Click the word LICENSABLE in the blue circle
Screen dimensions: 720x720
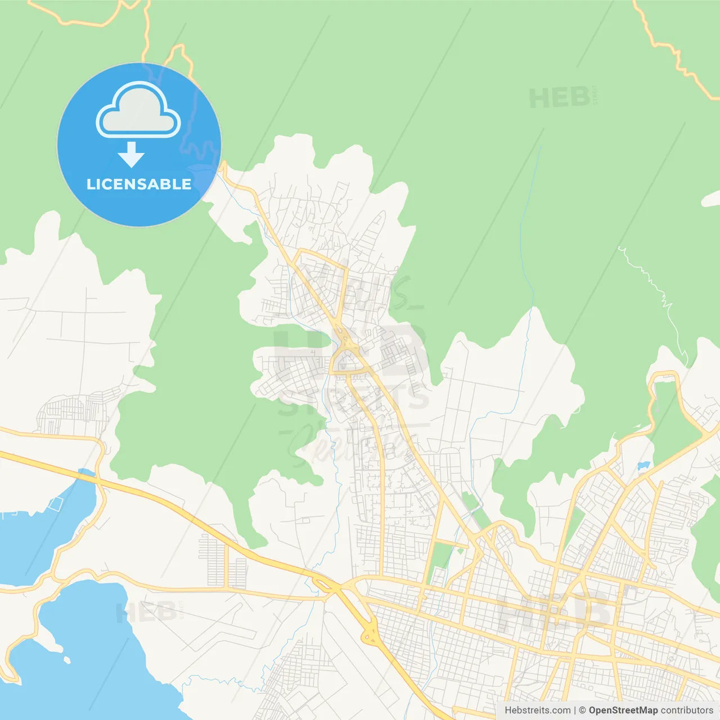(x=139, y=184)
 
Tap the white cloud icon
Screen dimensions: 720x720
(x=138, y=110)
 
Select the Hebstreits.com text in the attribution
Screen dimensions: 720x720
(x=537, y=710)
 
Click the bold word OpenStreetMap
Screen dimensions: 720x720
(x=623, y=710)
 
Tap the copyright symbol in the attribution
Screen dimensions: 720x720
(x=582, y=710)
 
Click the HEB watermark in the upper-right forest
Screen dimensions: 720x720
(x=560, y=98)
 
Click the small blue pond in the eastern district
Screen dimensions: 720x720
(x=643, y=466)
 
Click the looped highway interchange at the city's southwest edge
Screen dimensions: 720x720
(x=370, y=633)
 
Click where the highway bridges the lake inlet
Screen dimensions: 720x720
(x=90, y=478)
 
